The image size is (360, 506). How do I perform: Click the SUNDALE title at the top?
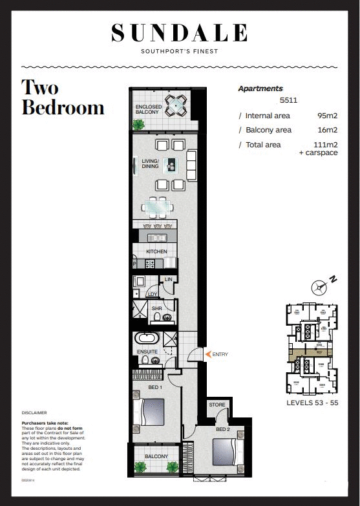179,32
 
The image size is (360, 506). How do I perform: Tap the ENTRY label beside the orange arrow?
220,354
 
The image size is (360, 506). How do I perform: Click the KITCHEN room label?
156,251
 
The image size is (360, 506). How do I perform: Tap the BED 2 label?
223,429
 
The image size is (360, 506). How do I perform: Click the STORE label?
217,405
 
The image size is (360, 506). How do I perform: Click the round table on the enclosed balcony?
175,104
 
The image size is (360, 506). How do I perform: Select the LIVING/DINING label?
150,163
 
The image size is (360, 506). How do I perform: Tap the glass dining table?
158,207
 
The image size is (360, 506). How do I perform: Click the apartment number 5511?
288,101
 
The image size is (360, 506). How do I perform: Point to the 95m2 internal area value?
324,116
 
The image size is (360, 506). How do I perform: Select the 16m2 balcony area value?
324,131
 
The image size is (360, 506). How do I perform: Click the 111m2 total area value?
323,145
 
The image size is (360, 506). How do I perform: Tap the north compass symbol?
319,286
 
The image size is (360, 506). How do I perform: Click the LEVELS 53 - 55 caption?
312,403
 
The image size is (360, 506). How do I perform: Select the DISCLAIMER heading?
34,412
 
